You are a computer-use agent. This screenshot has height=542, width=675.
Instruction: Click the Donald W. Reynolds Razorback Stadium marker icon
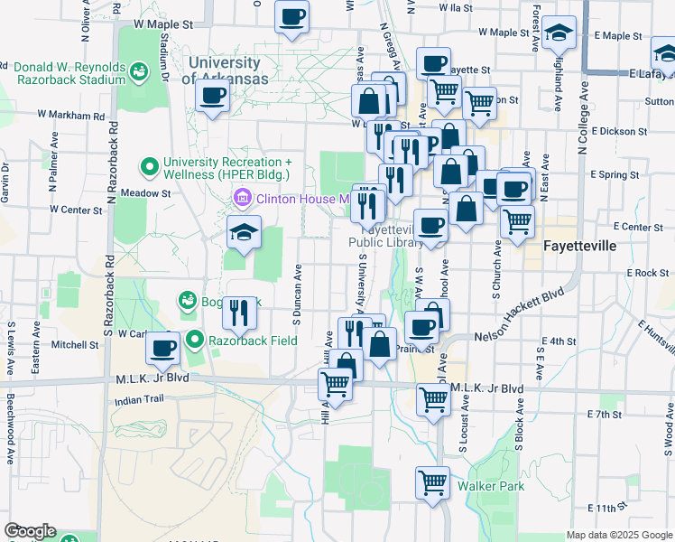[x=139, y=70]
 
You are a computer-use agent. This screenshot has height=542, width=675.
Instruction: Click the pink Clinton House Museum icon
[x=243, y=198]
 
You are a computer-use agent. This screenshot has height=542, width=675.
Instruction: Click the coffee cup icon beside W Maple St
[x=291, y=17]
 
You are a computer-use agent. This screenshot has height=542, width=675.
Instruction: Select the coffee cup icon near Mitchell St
[x=162, y=346]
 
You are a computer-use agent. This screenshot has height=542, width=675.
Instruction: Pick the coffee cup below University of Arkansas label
[x=212, y=95]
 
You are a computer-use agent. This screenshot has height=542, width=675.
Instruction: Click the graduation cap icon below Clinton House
[x=244, y=231]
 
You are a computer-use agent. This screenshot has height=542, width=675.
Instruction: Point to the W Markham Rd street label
[x=71, y=116]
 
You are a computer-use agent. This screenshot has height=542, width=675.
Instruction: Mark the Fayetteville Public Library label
[x=386, y=237]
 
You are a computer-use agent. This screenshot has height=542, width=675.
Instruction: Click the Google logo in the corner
[x=30, y=531]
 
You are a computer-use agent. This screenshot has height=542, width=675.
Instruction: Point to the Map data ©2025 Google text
[x=618, y=535]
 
